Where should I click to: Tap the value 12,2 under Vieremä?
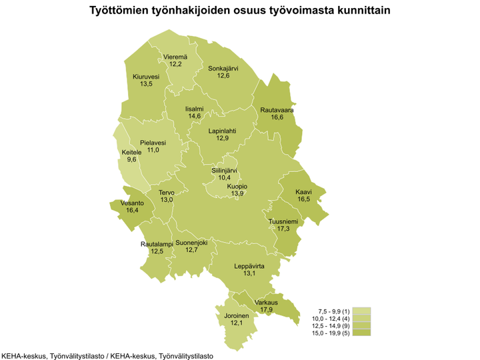click(x=176, y=65)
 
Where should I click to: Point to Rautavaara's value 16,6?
click(x=277, y=117)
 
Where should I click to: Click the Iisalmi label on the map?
click(x=195, y=108)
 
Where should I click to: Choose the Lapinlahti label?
click(x=222, y=131)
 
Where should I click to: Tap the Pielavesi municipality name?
click(x=153, y=143)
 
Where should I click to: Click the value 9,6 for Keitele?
click(x=131, y=160)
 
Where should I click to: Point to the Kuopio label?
click(x=237, y=186)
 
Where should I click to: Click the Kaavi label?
click(x=303, y=191)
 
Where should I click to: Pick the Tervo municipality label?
click(x=167, y=193)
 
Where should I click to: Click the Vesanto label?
click(x=132, y=203)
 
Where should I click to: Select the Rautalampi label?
click(x=157, y=244)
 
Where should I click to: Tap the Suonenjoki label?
click(x=192, y=243)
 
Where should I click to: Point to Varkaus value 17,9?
click(x=266, y=309)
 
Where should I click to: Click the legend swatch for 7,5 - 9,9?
click(x=362, y=311)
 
